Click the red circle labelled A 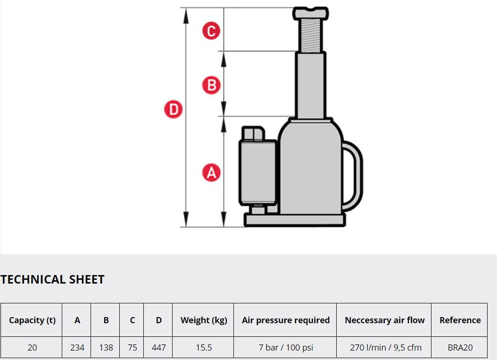coord(211,173)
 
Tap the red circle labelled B coord(211,85)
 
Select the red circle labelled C coord(211,31)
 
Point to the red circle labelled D coord(174,109)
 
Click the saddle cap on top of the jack coord(311,14)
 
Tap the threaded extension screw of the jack coord(311,36)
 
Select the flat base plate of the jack coord(295,220)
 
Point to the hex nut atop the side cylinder coord(253,134)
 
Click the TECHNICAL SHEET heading coord(53,279)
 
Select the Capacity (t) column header coord(32,320)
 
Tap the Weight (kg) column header coord(204,320)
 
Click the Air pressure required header coord(286,320)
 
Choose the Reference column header coord(460,320)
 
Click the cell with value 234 coord(77,347)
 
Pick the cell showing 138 coord(106,347)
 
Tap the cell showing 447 coord(158,347)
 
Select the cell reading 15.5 coord(204,347)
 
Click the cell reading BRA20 coord(460,347)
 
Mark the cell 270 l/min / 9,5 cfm coord(385,347)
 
